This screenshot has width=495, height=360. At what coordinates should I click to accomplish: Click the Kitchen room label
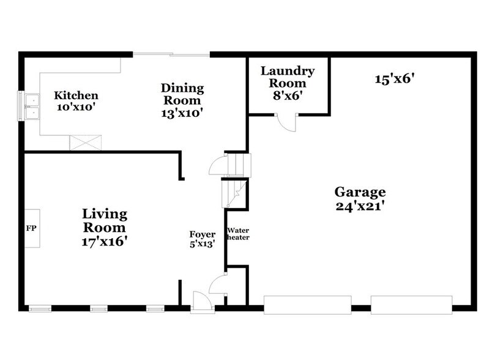click(76, 96)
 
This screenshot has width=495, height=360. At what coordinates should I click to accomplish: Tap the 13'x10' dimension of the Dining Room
click(182, 113)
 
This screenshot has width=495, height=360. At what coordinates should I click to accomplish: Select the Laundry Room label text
click(288, 77)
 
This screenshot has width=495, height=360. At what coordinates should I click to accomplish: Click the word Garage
click(360, 192)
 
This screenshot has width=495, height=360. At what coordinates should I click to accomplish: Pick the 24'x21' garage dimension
click(360, 206)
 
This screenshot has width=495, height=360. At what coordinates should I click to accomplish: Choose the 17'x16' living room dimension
click(105, 241)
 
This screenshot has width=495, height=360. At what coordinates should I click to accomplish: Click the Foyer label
click(202, 234)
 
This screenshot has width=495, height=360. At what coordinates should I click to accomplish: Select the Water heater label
click(238, 234)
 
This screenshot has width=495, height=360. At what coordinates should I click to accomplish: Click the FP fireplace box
click(32, 228)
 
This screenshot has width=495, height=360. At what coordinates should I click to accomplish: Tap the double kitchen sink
click(29, 105)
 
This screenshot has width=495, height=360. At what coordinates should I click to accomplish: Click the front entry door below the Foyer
click(201, 302)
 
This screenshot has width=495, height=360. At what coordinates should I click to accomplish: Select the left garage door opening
click(307, 304)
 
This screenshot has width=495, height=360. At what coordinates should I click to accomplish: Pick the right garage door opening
click(411, 304)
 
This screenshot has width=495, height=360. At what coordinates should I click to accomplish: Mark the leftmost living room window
click(40, 309)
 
